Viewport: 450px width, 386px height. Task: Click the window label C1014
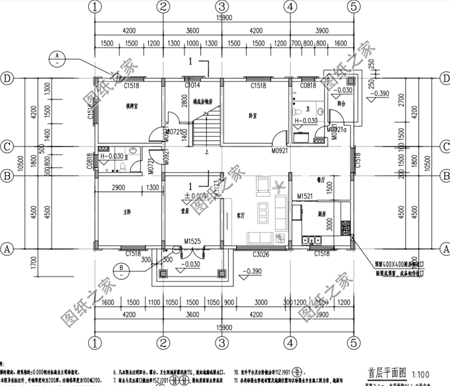coord(193,86)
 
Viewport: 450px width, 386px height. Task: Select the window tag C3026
coord(261,255)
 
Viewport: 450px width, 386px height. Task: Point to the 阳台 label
coord(341,102)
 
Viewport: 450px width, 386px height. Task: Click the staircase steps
coord(206,130)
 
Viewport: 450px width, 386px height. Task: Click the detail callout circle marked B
coord(121,267)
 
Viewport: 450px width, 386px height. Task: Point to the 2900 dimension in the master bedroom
coord(118,188)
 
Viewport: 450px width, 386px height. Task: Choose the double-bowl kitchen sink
coord(311,240)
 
